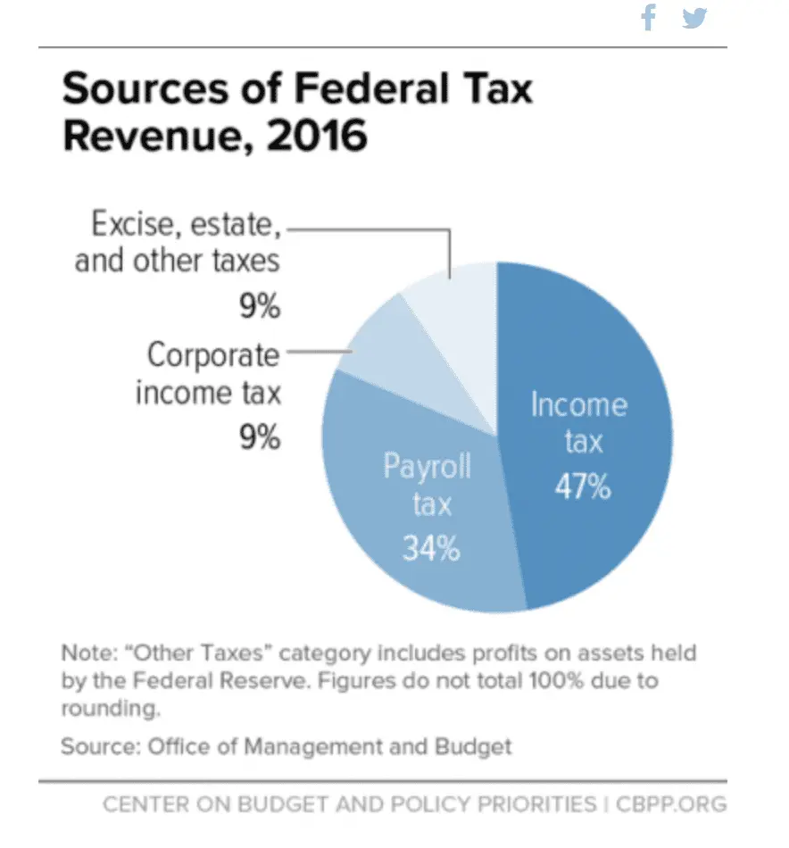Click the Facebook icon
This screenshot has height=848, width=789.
[649, 18]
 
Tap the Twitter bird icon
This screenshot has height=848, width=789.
[694, 18]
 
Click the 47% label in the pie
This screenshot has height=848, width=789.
[582, 487]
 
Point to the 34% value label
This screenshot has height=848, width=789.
[430, 548]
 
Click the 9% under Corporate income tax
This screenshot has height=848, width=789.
[260, 438]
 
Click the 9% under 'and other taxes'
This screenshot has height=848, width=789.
[260, 307]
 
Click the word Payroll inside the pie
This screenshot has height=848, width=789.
[428, 466]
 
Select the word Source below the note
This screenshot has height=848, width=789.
[94, 745]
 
